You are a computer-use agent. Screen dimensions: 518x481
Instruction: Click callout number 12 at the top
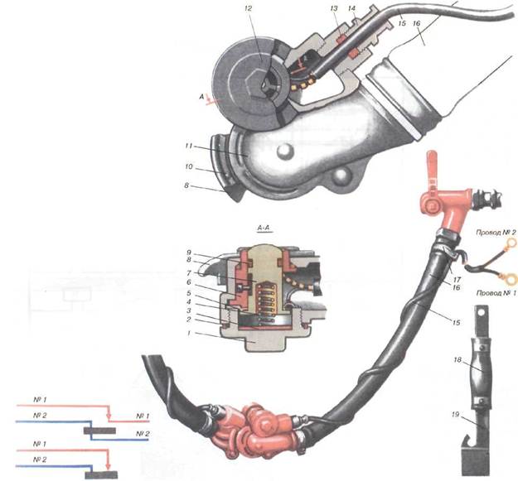tap(248, 8)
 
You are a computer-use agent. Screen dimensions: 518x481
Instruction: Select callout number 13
tap(334, 9)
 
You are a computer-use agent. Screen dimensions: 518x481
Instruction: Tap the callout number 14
tap(351, 9)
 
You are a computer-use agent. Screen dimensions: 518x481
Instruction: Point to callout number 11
tap(189, 146)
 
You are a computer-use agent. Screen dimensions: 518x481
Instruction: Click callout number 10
tap(189, 166)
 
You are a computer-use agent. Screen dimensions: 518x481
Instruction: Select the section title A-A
tap(265, 228)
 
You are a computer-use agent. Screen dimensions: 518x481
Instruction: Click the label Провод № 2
tap(496, 233)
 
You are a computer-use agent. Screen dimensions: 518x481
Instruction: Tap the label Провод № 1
tap(496, 292)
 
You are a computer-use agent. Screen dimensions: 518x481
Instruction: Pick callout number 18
tap(457, 359)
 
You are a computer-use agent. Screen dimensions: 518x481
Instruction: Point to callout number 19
tap(455, 414)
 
